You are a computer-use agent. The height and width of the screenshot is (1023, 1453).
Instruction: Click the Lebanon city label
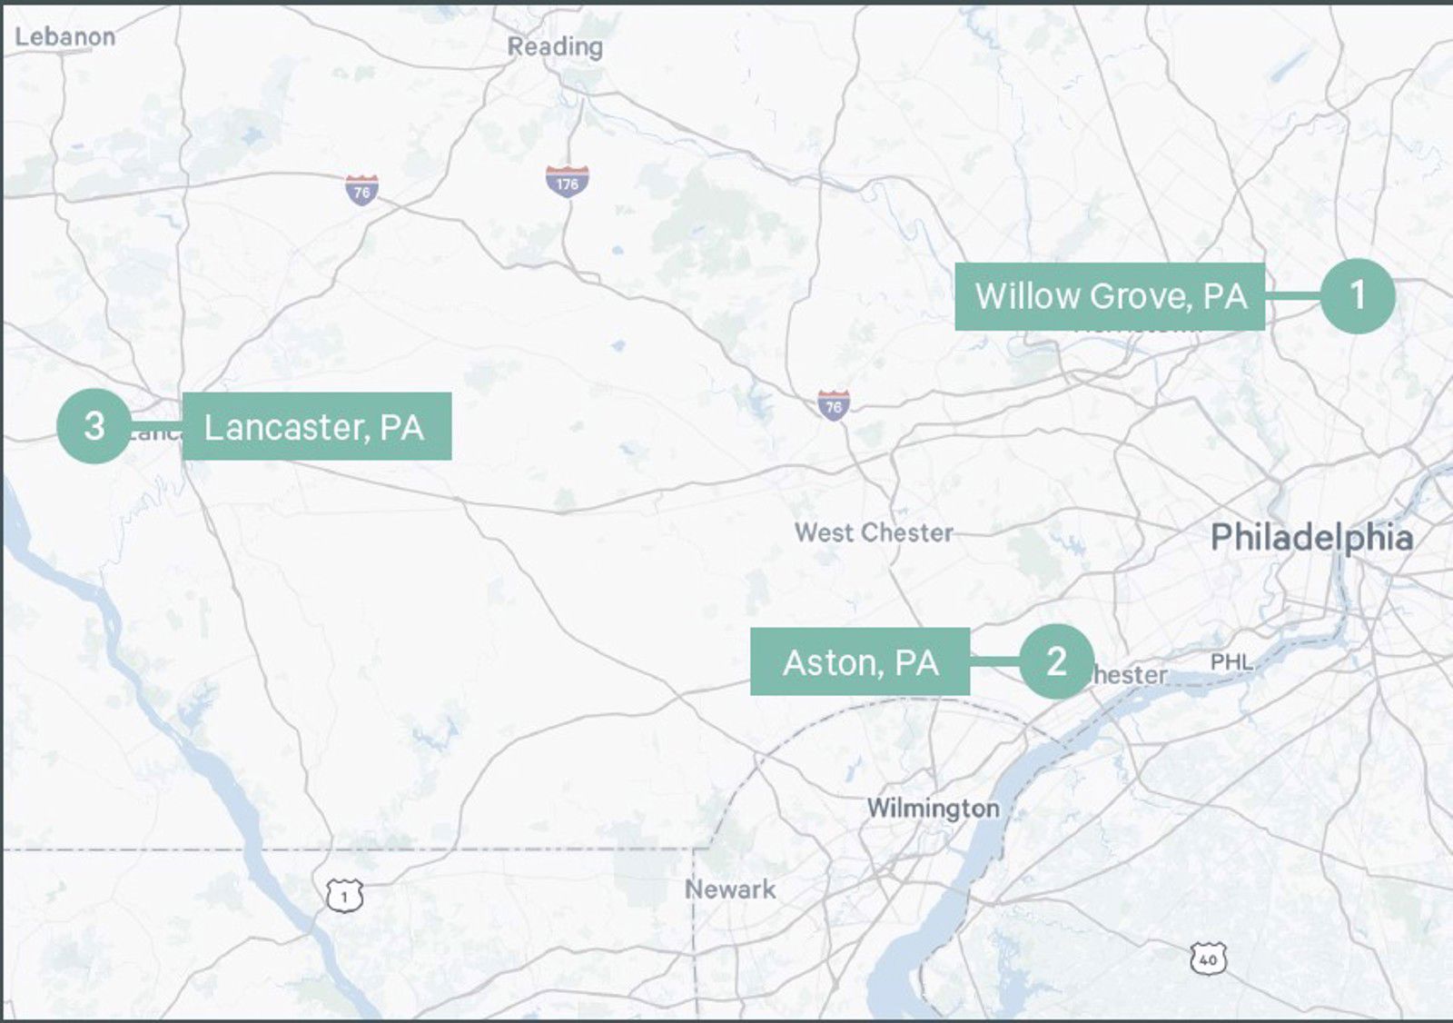[65, 36]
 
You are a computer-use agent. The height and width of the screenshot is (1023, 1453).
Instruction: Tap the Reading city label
[555, 46]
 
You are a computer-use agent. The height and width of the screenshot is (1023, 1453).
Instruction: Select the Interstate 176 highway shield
[568, 182]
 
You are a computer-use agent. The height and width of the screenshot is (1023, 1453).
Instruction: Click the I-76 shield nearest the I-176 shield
[361, 190]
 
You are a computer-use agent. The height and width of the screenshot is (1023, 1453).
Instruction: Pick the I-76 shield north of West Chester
[833, 405]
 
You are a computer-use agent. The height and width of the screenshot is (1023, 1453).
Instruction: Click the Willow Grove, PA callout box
[1109, 296]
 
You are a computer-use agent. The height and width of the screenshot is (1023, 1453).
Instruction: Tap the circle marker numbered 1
[1357, 295]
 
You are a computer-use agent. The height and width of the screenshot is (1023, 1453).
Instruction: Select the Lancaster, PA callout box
[316, 426]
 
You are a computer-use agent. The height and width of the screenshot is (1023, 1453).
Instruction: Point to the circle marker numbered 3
[94, 426]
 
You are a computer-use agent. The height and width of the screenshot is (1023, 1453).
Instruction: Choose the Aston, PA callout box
[859, 662]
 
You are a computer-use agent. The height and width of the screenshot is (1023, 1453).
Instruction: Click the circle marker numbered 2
[1055, 661]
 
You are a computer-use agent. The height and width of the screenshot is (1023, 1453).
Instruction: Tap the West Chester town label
[874, 532]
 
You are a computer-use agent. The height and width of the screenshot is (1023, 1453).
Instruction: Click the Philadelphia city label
[1311, 537]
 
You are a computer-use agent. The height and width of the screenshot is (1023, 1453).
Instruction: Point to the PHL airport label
[1231, 661]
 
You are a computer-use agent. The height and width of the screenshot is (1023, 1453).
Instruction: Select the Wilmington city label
[933, 808]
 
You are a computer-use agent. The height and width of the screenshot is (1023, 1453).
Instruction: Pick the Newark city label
[730, 889]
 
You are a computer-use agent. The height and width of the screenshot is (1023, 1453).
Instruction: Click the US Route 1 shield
[344, 896]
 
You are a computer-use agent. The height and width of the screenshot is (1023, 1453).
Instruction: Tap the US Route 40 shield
[1207, 958]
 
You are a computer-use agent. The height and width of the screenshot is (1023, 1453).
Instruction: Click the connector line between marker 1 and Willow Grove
[1292, 296]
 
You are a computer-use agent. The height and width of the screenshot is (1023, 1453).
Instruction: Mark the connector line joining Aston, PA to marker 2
[994, 661]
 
